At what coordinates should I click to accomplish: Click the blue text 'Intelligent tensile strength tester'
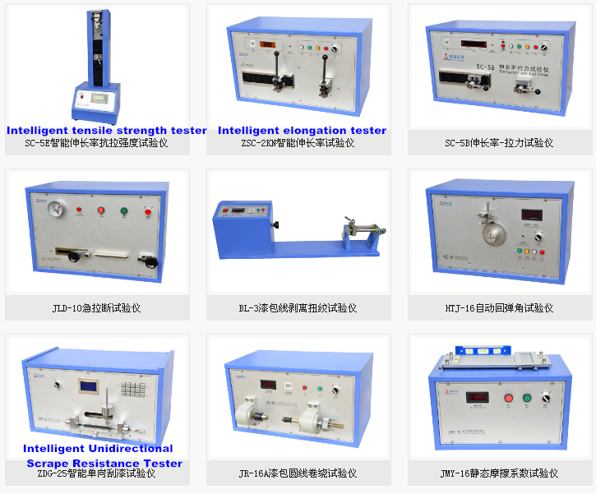pyautogui.click(x=107, y=131)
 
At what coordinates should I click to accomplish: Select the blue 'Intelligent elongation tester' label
pyautogui.click(x=302, y=131)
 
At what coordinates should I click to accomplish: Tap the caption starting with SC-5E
pyautogui.click(x=97, y=143)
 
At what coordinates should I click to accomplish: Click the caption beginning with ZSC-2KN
pyautogui.click(x=298, y=143)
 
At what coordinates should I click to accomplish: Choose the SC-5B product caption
pyautogui.click(x=499, y=143)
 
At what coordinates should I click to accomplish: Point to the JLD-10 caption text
pyautogui.click(x=96, y=309)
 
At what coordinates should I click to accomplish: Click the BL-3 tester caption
pyautogui.click(x=298, y=309)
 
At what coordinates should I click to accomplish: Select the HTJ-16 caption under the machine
pyautogui.click(x=499, y=309)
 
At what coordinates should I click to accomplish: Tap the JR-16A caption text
pyautogui.click(x=298, y=473)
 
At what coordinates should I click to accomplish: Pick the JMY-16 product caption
pyautogui.click(x=499, y=473)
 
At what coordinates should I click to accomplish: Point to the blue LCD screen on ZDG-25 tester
pyautogui.click(x=88, y=386)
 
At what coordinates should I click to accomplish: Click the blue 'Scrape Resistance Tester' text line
pyautogui.click(x=104, y=464)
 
